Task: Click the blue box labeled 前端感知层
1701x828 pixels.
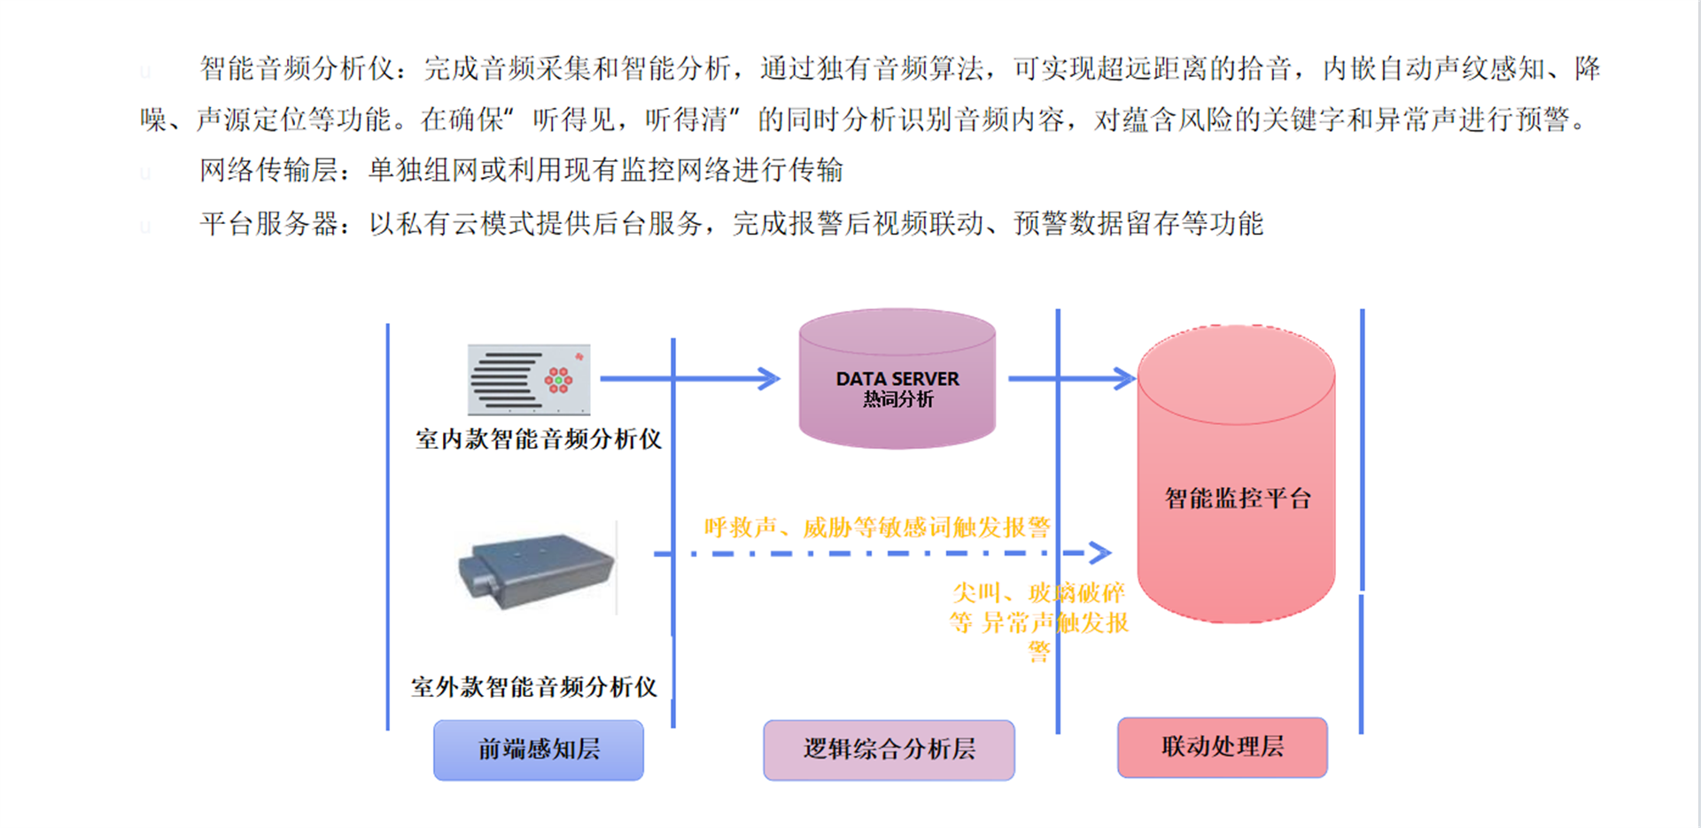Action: pos(539,750)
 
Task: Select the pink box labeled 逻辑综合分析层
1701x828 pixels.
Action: pos(889,750)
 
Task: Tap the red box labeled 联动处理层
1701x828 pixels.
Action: pos(1223,747)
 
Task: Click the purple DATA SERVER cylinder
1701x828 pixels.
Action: pos(897,379)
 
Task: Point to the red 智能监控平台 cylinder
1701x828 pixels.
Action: pos(1236,474)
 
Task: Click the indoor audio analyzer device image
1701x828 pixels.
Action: pos(529,380)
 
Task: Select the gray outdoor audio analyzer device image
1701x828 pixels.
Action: pos(536,569)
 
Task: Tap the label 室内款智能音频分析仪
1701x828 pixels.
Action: pos(539,439)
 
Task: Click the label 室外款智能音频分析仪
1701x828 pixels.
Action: pos(534,687)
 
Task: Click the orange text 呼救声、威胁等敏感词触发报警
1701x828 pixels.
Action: pos(877,528)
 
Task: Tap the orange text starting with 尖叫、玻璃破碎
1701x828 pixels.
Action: pos(1039,623)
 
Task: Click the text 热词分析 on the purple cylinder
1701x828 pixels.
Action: pos(898,399)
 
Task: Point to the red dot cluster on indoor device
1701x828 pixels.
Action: pos(558,380)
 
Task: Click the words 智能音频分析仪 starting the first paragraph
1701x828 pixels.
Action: pos(296,68)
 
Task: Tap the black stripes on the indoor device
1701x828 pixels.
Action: pos(506,381)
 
